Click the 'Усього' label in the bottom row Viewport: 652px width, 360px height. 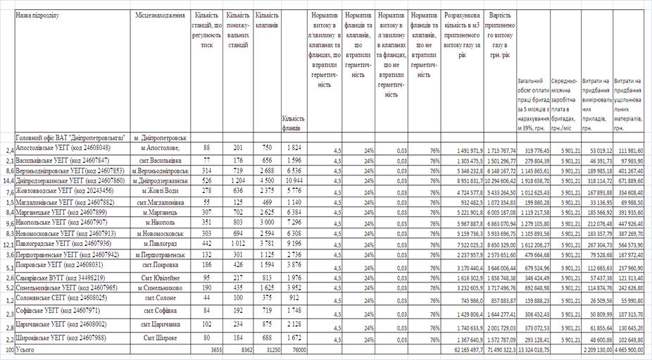click(x=25, y=349)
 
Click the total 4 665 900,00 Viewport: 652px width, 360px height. click(x=629, y=349)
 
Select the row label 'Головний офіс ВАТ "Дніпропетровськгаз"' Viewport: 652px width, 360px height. click(x=70, y=137)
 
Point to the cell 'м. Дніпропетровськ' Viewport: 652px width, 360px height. click(x=161, y=137)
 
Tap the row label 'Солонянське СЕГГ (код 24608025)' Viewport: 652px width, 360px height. click(x=57, y=298)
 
